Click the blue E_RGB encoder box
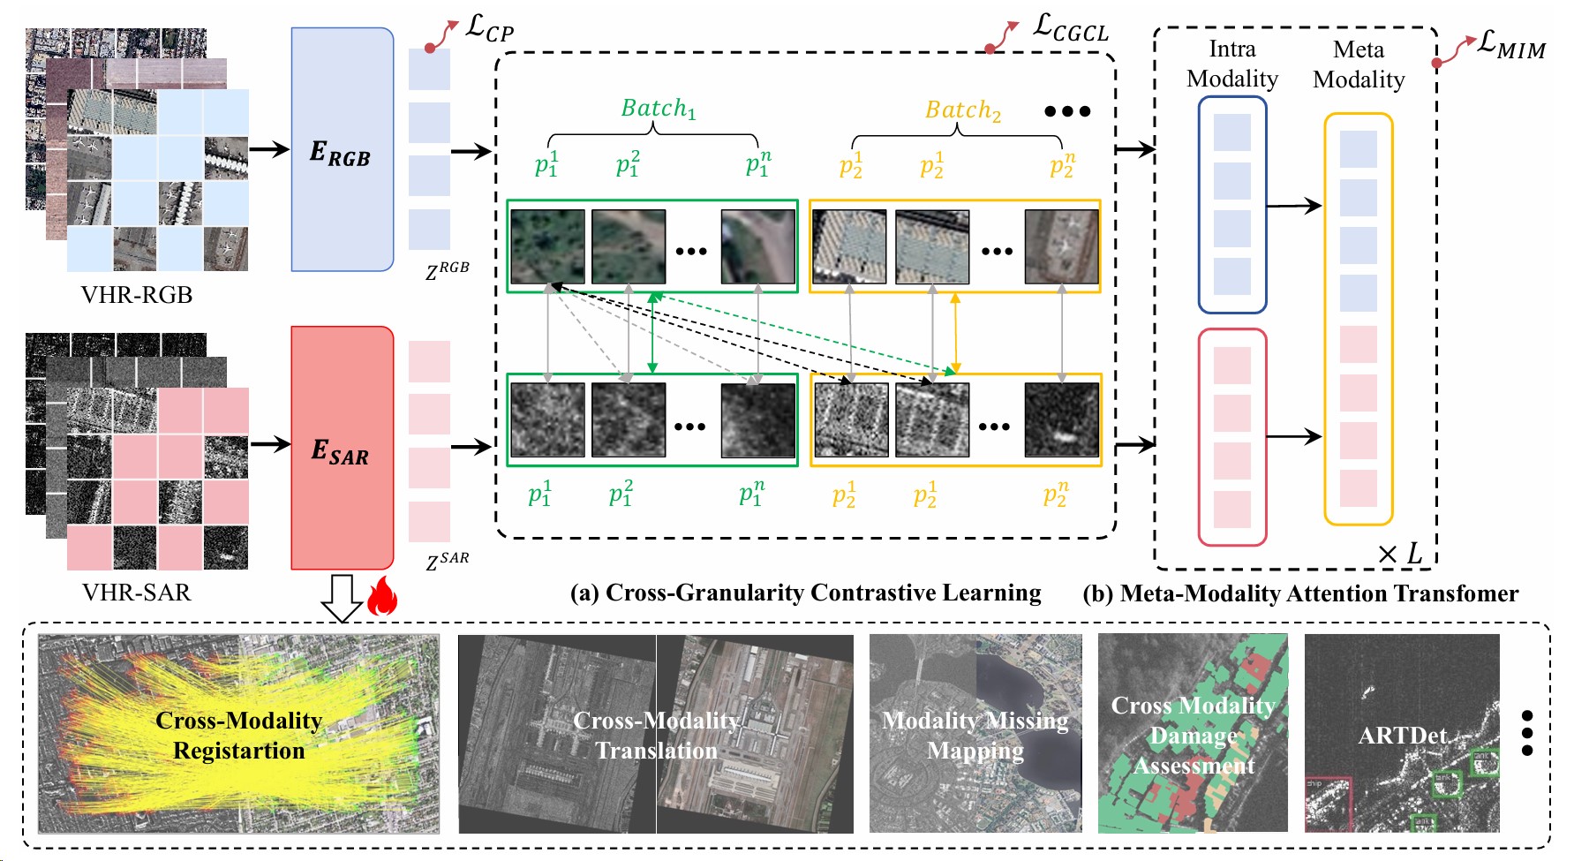click(342, 148)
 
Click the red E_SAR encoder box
click(342, 447)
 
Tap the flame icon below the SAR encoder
click(381, 596)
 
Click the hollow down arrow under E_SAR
click(341, 598)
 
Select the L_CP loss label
click(488, 29)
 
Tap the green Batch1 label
click(659, 109)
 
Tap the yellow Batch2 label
click(962, 110)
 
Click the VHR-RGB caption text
click(137, 294)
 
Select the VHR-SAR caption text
click(137, 592)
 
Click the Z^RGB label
click(447, 270)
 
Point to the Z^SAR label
click(447, 561)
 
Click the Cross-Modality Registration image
click(238, 734)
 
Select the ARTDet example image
click(1402, 733)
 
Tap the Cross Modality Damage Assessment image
click(1193, 733)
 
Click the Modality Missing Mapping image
click(975, 733)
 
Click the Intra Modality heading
click(1231, 64)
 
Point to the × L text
click(1400, 554)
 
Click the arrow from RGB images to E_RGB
click(269, 148)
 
